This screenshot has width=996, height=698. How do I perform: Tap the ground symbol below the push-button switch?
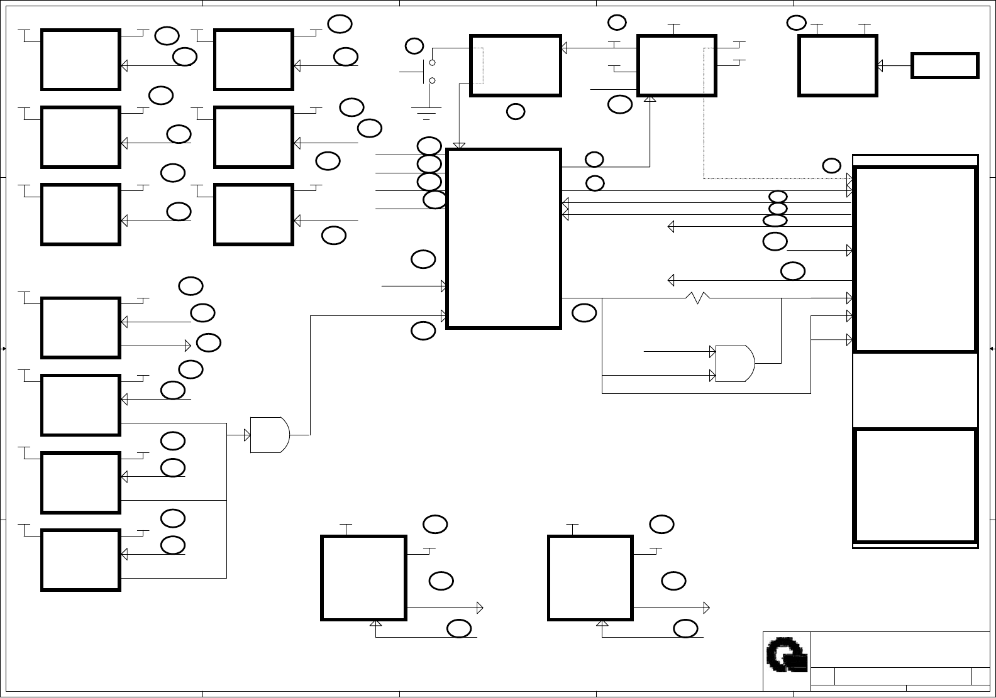click(x=426, y=112)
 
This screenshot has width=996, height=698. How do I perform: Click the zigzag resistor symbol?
click(x=697, y=297)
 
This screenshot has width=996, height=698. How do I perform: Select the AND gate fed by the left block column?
click(x=270, y=434)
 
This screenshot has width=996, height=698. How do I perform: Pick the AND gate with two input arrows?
click(x=735, y=363)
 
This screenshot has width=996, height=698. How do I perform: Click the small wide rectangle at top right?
click(x=945, y=66)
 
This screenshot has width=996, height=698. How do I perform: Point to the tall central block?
click(x=503, y=239)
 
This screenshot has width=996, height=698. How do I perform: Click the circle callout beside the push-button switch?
click(x=414, y=46)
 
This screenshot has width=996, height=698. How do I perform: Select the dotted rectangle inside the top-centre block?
click(x=477, y=65)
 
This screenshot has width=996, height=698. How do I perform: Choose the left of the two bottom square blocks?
click(x=363, y=578)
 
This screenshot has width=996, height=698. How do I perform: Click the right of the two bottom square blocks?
click(x=590, y=578)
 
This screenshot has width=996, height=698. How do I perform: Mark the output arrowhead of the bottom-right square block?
click(x=707, y=608)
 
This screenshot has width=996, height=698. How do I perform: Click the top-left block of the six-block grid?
click(x=80, y=60)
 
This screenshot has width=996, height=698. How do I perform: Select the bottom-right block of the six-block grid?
click(x=253, y=215)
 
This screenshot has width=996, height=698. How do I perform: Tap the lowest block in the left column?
click(x=80, y=560)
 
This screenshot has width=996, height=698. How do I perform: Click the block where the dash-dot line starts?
click(x=677, y=65)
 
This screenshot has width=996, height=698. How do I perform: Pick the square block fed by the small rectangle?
click(x=838, y=65)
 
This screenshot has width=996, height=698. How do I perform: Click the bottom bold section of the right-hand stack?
click(x=916, y=485)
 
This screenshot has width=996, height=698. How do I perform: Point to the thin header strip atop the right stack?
click(x=916, y=160)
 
